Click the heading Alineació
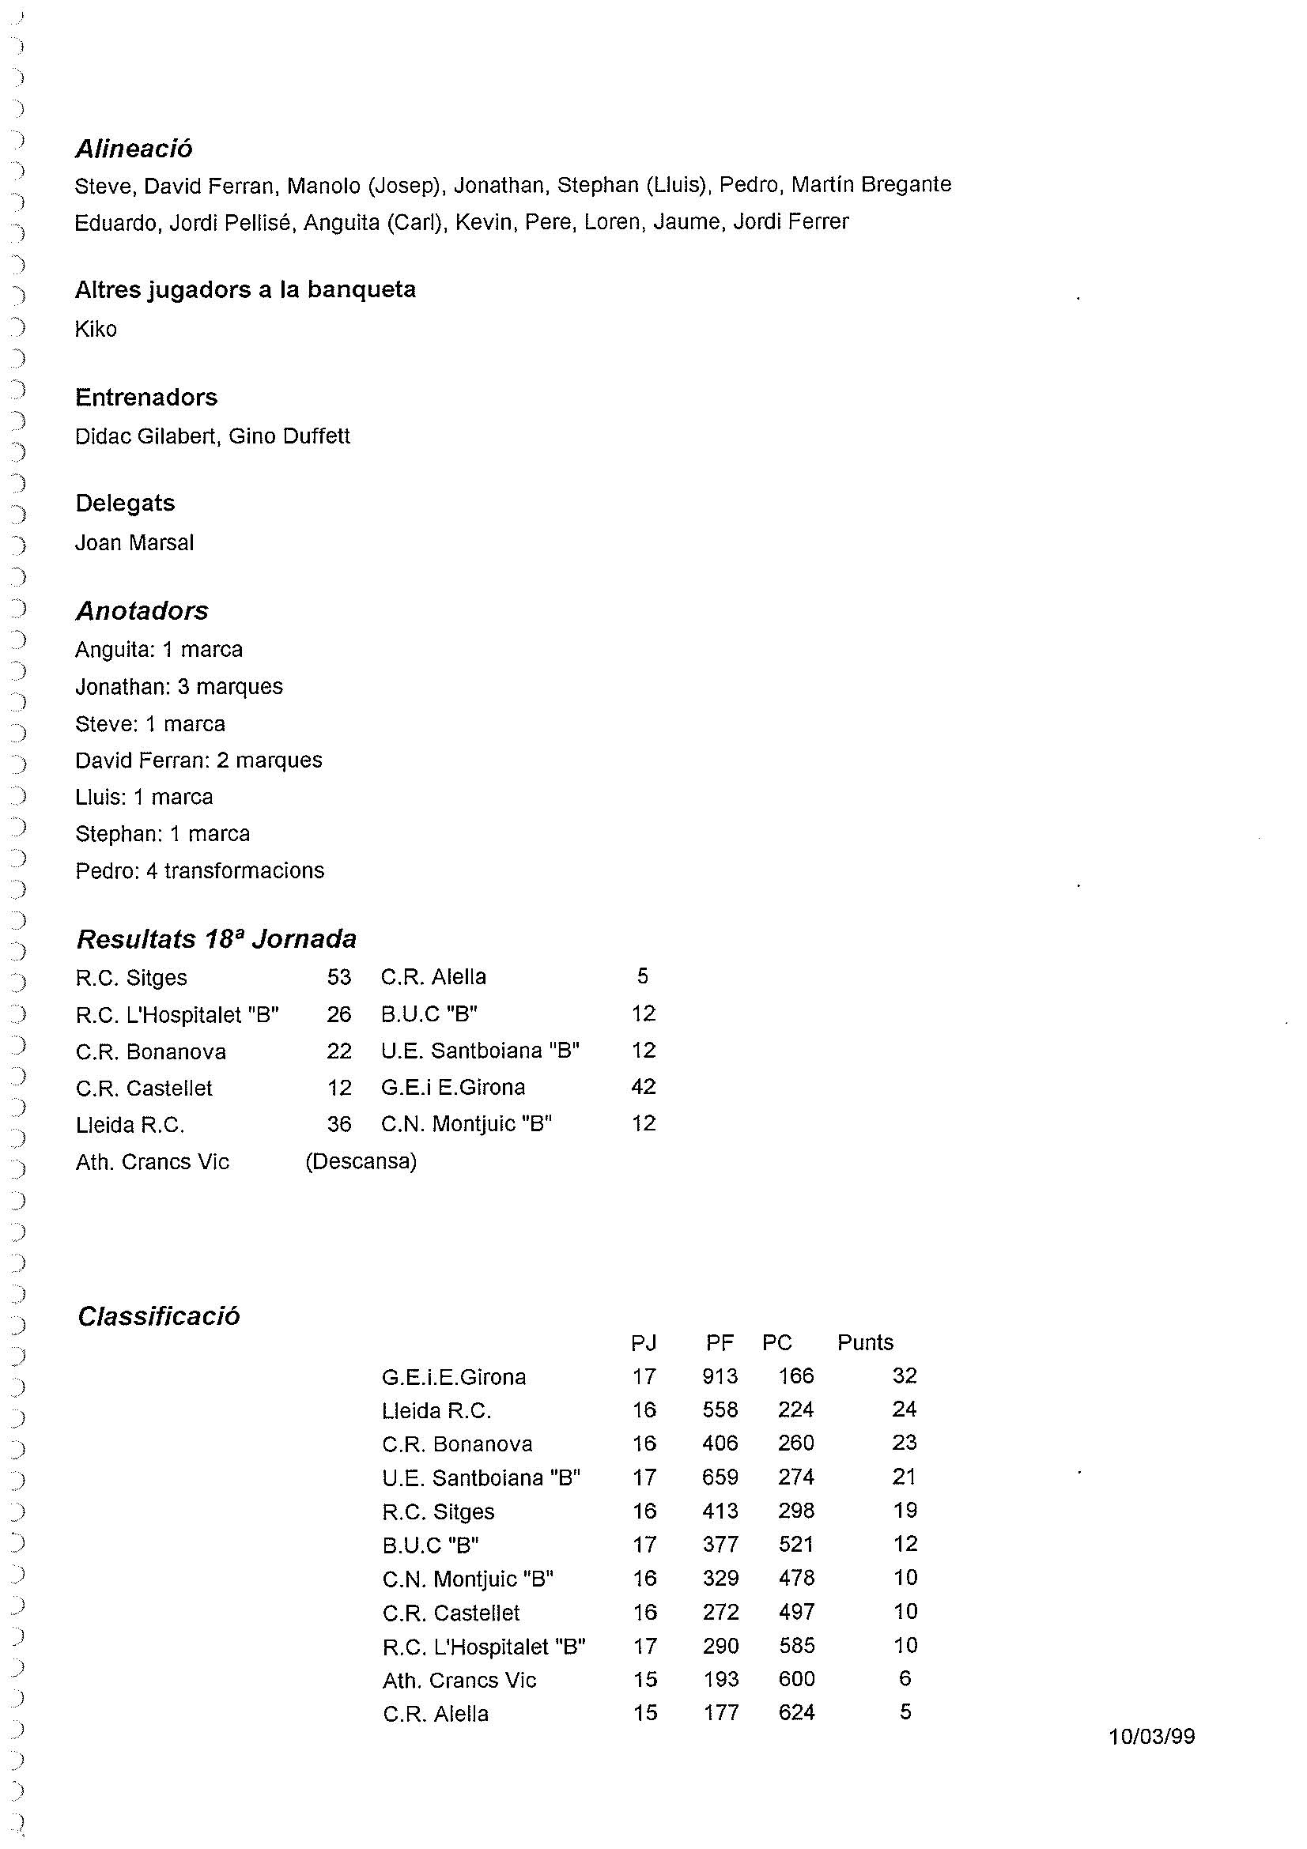click(x=134, y=149)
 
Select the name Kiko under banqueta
click(x=96, y=330)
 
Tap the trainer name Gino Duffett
click(x=289, y=436)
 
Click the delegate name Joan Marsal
click(x=134, y=543)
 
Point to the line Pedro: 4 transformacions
click(x=200, y=870)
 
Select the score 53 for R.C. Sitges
click(x=339, y=977)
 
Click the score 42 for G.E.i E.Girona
click(x=644, y=1086)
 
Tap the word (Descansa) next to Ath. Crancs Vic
click(x=361, y=1161)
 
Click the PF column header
click(x=720, y=1342)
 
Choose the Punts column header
click(x=865, y=1342)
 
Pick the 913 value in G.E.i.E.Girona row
click(x=720, y=1376)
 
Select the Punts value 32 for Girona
click(x=905, y=1375)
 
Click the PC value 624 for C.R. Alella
click(x=796, y=1712)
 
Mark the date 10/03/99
click(x=1151, y=1736)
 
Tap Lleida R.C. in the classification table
click(x=436, y=1411)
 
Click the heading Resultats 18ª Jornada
click(x=216, y=939)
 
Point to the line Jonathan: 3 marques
click(x=179, y=687)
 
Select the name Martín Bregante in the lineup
click(x=871, y=184)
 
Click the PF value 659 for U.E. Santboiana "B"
click(x=720, y=1477)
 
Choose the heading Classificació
click(x=159, y=1317)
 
